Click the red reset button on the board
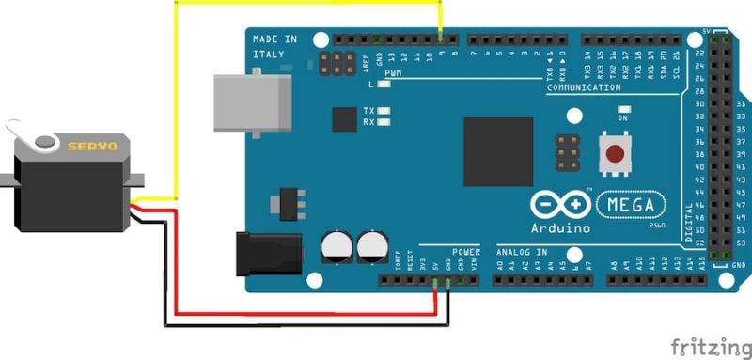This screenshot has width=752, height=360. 617,153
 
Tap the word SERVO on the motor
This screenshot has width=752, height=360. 91,146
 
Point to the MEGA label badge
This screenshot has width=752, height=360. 630,204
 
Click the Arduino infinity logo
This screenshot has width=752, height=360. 561,205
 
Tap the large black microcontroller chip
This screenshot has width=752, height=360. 497,151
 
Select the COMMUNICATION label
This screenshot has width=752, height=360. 583,87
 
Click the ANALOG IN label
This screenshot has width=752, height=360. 521,252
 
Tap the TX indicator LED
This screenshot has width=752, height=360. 384,111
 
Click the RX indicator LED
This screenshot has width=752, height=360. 384,122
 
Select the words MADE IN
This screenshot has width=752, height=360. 274,39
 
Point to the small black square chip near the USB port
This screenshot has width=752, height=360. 344,118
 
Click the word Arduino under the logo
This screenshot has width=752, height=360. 561,227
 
